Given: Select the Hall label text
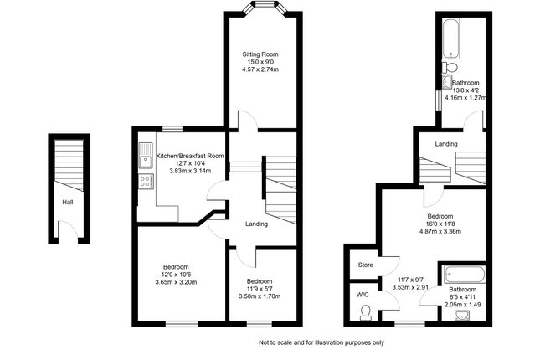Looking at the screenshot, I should (67, 202).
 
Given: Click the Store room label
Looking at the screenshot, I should (364, 265).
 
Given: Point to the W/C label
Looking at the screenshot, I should (362, 295).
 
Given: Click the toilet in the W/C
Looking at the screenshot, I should (364, 312).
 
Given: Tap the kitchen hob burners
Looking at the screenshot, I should (146, 179).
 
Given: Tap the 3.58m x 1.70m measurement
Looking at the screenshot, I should (260, 296).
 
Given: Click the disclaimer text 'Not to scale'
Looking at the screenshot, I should (321, 342).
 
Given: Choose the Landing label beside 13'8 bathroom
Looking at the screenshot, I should (446, 144).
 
